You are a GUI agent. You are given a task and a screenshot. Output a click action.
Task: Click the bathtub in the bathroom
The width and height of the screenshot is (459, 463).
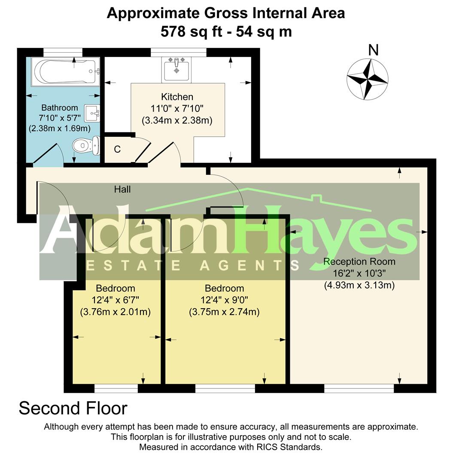(65, 72)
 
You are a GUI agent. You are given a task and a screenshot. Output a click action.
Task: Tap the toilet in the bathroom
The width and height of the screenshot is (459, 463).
(86, 145)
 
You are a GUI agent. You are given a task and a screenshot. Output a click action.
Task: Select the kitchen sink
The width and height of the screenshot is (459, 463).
(176, 69)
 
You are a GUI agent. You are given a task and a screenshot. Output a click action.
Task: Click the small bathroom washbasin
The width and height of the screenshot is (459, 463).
(92, 113)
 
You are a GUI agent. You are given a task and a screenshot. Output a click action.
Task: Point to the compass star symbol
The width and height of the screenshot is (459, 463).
(367, 79)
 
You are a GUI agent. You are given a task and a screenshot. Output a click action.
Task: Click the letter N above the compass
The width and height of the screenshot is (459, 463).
(373, 50)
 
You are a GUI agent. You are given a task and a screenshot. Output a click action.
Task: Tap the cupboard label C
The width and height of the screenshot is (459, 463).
(117, 149)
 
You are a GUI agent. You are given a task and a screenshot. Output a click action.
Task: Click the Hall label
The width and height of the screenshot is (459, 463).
(122, 189)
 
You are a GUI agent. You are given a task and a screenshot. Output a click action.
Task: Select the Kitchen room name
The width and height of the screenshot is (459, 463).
(177, 97)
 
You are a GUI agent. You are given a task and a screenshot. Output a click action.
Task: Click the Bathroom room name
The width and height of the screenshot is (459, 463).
(60, 108)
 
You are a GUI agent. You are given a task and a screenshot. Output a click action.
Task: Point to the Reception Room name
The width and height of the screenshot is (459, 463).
(359, 262)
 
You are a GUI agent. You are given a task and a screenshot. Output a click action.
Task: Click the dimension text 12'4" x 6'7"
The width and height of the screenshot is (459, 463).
(116, 300)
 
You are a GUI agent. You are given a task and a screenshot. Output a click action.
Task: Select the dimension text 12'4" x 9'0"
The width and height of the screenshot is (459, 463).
(224, 300)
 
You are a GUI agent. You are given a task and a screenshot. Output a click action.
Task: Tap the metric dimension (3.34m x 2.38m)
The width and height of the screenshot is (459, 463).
(177, 120)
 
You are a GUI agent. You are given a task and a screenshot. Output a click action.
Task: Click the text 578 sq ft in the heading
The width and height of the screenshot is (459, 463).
(192, 32)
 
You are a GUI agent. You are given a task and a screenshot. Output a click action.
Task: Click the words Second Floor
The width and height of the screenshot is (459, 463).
(73, 409)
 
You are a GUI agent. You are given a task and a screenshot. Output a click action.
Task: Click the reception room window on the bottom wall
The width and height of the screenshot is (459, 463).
(359, 388)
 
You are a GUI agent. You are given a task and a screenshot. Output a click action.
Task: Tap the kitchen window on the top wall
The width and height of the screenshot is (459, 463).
(179, 52)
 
